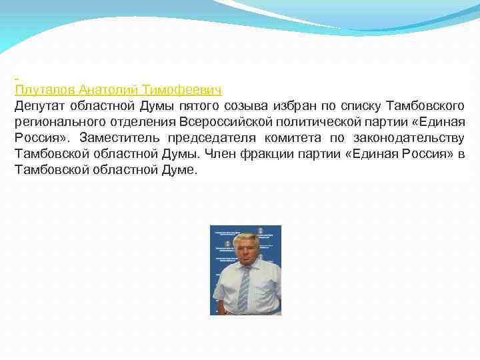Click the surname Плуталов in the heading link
(44, 89)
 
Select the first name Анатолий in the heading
(108, 89)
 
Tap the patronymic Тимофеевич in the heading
(182, 89)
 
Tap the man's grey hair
(245, 238)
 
